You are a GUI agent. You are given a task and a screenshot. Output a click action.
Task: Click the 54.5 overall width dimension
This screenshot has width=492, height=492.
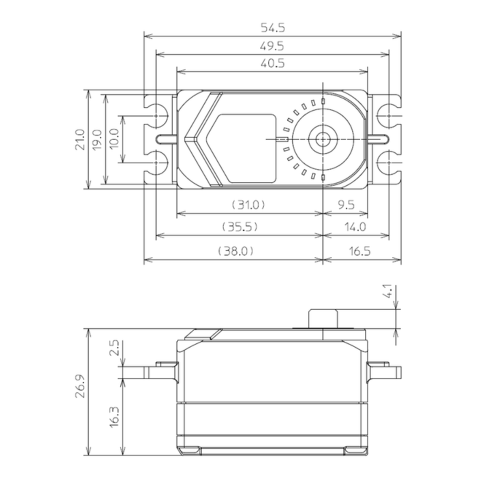click(x=272, y=28)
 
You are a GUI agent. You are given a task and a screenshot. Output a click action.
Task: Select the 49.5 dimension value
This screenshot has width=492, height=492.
click(x=272, y=46)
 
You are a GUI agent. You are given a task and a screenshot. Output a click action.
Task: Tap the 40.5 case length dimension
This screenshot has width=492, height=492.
click(x=272, y=64)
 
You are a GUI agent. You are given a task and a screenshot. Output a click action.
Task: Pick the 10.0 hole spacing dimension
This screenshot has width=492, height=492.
click(x=114, y=139)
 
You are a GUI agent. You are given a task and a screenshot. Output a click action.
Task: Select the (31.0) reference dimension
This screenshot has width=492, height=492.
click(x=249, y=205)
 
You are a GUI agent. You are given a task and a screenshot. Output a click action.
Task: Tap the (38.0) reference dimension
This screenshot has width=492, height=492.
click(x=236, y=251)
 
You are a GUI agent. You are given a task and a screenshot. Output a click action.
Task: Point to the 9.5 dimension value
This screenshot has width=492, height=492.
click(x=345, y=205)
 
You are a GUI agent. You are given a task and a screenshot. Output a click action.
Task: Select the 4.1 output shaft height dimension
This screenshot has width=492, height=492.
click(x=387, y=292)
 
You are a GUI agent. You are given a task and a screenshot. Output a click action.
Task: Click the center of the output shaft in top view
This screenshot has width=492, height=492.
click(x=323, y=139)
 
